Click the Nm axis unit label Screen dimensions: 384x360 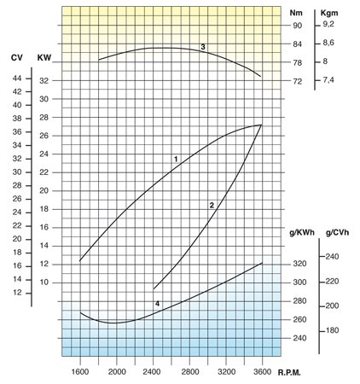(296, 12)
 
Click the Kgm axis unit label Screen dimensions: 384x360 (329, 12)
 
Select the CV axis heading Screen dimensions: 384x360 (16, 57)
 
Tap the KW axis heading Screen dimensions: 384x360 (44, 57)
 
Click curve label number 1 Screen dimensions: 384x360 (176, 160)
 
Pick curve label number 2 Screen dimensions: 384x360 (211, 205)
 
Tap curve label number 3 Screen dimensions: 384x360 (202, 47)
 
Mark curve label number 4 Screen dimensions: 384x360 (157, 304)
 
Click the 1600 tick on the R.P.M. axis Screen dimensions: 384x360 (80, 372)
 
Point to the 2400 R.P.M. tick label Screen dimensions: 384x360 (153, 372)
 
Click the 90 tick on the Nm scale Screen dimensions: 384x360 (297, 26)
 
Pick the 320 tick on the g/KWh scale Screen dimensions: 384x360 (299, 264)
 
